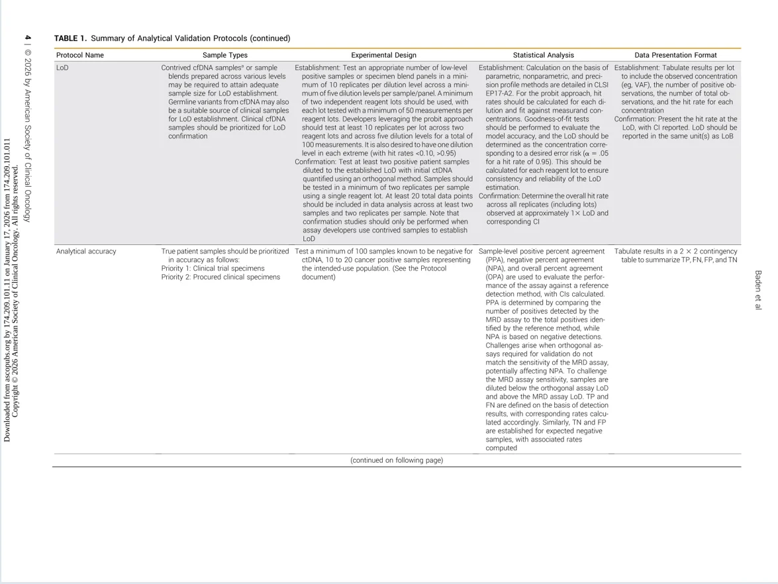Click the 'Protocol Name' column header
pyautogui.click(x=79, y=55)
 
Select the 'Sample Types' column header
pyautogui.click(x=224, y=55)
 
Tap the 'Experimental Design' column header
pyautogui.click(x=383, y=55)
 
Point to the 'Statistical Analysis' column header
pyautogui.click(x=543, y=55)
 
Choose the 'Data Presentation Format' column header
pyautogui.click(x=675, y=55)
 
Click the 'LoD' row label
pyautogui.click(x=62, y=68)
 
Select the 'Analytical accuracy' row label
pyautogui.click(x=86, y=252)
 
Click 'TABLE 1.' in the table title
pyautogui.click(x=70, y=38)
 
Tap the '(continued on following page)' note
pyautogui.click(x=397, y=460)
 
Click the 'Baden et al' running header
pyautogui.click(x=758, y=290)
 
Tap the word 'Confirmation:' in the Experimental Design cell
pyautogui.click(x=315, y=162)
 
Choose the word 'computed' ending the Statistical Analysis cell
pyautogui.click(x=501, y=448)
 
